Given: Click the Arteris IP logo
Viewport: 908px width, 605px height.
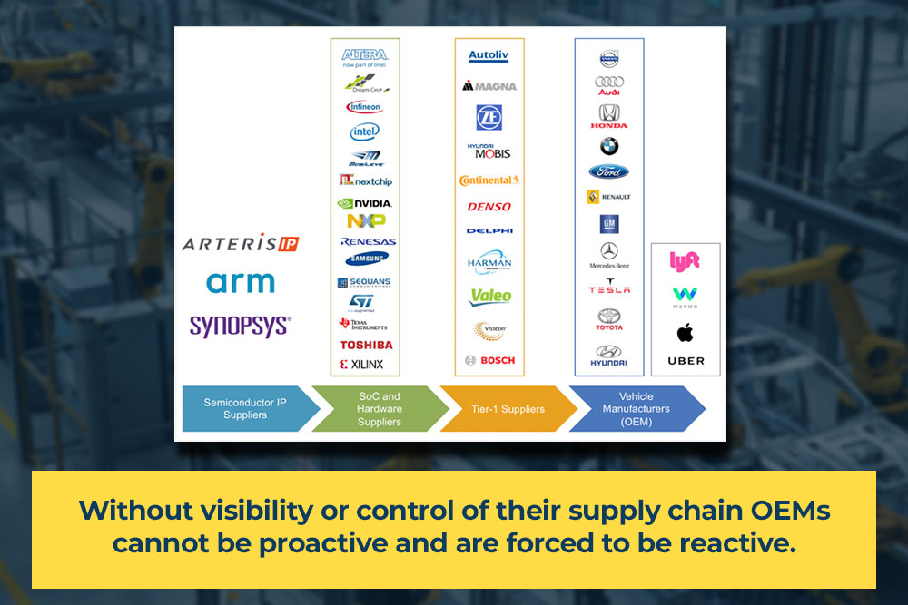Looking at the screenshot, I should tap(240, 243).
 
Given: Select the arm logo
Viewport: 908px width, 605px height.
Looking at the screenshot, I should tap(240, 282).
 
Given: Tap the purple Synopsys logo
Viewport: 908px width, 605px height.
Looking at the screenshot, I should tap(240, 326).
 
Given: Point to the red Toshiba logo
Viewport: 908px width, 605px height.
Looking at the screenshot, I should tap(366, 345).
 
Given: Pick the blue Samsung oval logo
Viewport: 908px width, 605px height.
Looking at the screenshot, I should tap(366, 259).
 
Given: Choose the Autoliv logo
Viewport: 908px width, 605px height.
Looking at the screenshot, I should tap(489, 56).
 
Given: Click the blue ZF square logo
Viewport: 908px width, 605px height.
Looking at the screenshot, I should tap(489, 117).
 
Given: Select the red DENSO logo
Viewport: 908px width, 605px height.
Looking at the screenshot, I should tap(489, 207).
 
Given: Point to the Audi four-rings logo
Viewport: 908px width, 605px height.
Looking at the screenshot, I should tap(609, 83).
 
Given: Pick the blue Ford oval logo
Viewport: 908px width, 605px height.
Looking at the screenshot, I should tap(608, 171).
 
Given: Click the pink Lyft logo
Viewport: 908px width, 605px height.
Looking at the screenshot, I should tap(685, 261).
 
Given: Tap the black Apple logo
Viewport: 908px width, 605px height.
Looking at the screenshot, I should tap(686, 333).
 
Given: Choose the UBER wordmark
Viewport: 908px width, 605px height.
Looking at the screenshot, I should tap(686, 361).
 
